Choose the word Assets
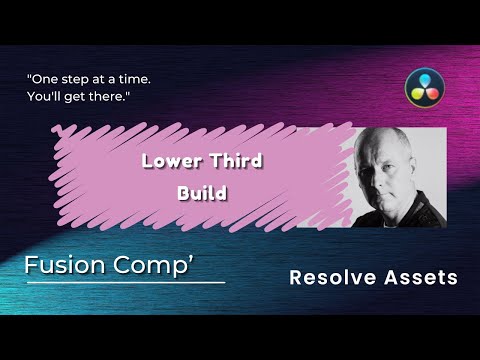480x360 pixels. pyautogui.click(x=421, y=277)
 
